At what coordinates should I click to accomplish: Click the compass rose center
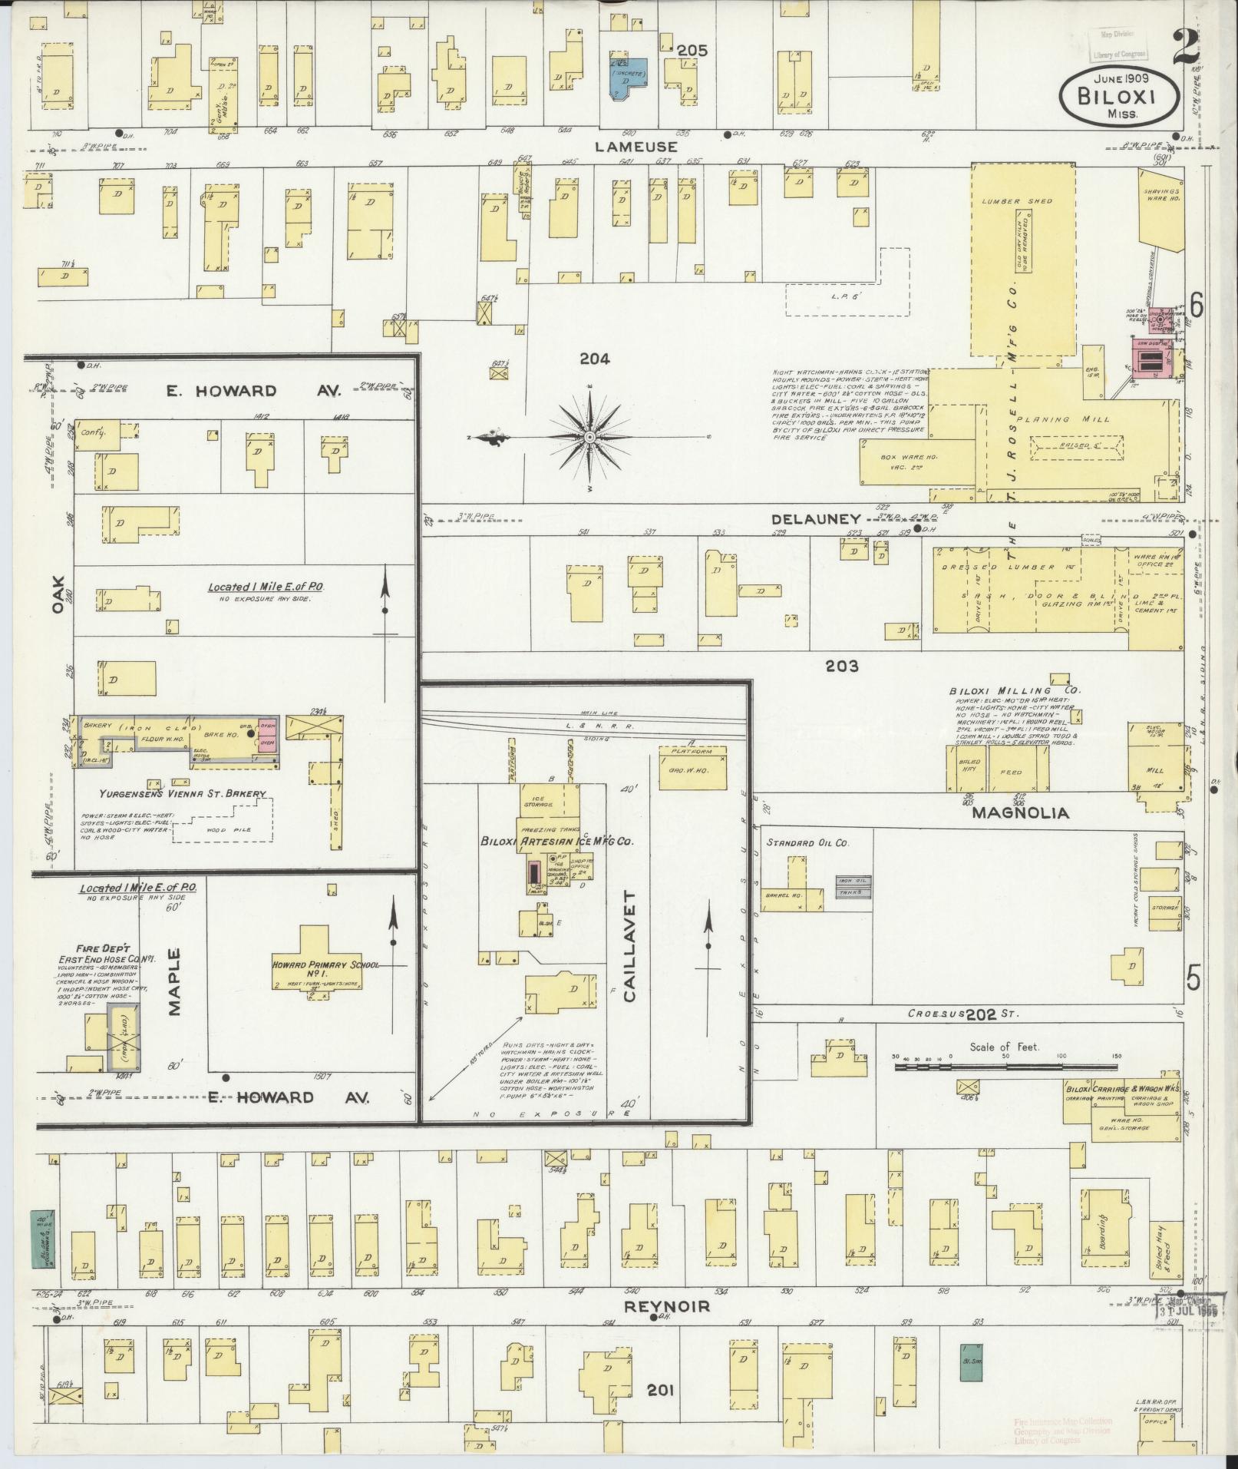click(x=589, y=437)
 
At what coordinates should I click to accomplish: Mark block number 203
click(x=841, y=667)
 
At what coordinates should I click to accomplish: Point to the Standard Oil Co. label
click(x=806, y=842)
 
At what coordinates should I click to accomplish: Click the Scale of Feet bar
click(x=1005, y=1067)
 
